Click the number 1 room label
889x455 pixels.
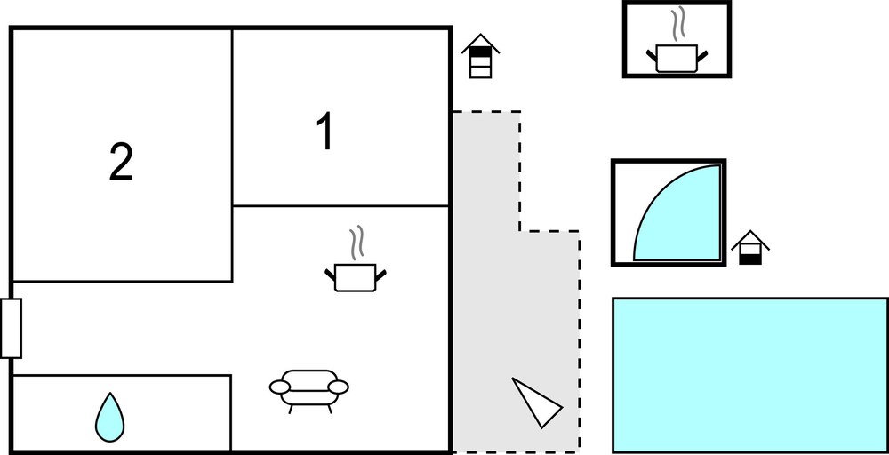click(x=325, y=131)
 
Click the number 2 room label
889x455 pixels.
click(x=121, y=162)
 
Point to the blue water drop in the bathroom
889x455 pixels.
click(x=109, y=417)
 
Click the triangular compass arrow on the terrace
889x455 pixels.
click(x=536, y=403)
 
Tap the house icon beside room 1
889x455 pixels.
click(x=480, y=55)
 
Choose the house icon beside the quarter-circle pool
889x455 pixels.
click(x=750, y=248)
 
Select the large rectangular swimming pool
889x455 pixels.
click(x=750, y=374)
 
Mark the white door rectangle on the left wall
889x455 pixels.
click(x=12, y=328)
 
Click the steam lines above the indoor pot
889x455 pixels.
click(x=356, y=243)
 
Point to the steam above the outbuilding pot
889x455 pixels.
click(x=677, y=24)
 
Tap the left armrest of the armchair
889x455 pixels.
click(x=279, y=387)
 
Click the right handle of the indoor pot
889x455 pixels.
click(x=380, y=275)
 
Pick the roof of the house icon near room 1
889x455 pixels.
click(x=480, y=43)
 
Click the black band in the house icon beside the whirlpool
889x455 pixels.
click(x=750, y=259)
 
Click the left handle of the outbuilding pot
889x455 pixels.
click(x=652, y=56)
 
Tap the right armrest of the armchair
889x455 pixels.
click(x=339, y=387)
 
